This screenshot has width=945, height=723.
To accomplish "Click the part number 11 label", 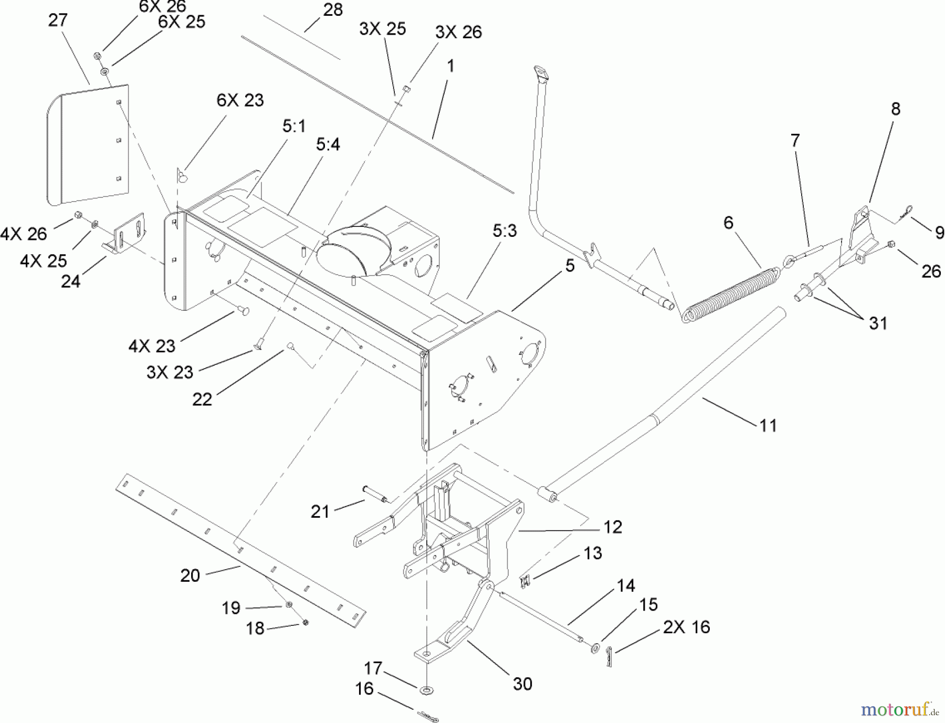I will [768, 425].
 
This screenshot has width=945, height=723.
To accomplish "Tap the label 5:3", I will [505, 230].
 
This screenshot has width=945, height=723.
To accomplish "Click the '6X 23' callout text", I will [240, 100].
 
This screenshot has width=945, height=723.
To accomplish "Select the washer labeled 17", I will [426, 688].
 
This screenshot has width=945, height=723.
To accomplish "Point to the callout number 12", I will [612, 527].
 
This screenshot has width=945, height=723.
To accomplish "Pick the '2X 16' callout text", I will [686, 626].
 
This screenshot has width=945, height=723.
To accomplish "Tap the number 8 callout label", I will [895, 109].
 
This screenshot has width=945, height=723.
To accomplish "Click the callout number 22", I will [202, 399].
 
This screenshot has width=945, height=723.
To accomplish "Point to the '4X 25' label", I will [44, 260].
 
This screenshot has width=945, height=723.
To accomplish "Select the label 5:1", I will [294, 126].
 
